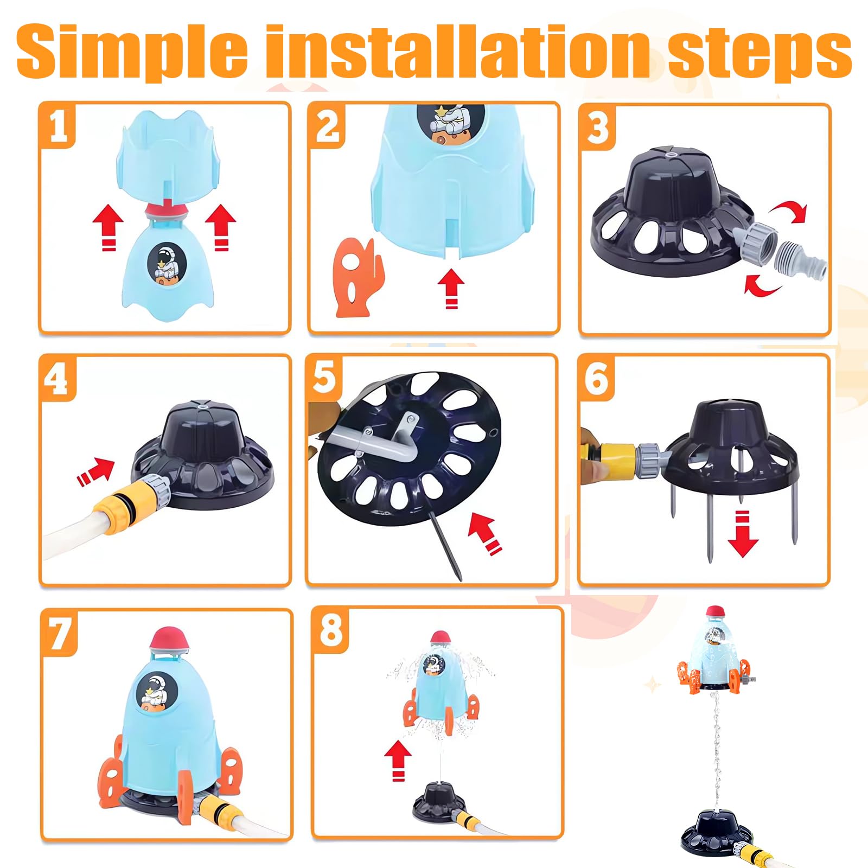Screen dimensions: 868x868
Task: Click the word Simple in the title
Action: [x=133, y=52]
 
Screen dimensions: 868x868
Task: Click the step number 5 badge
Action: [x=324, y=378]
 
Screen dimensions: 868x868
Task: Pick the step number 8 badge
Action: [x=331, y=630]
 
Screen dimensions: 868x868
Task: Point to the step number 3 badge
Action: [x=598, y=127]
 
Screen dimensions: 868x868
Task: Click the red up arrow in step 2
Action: [x=451, y=290]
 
